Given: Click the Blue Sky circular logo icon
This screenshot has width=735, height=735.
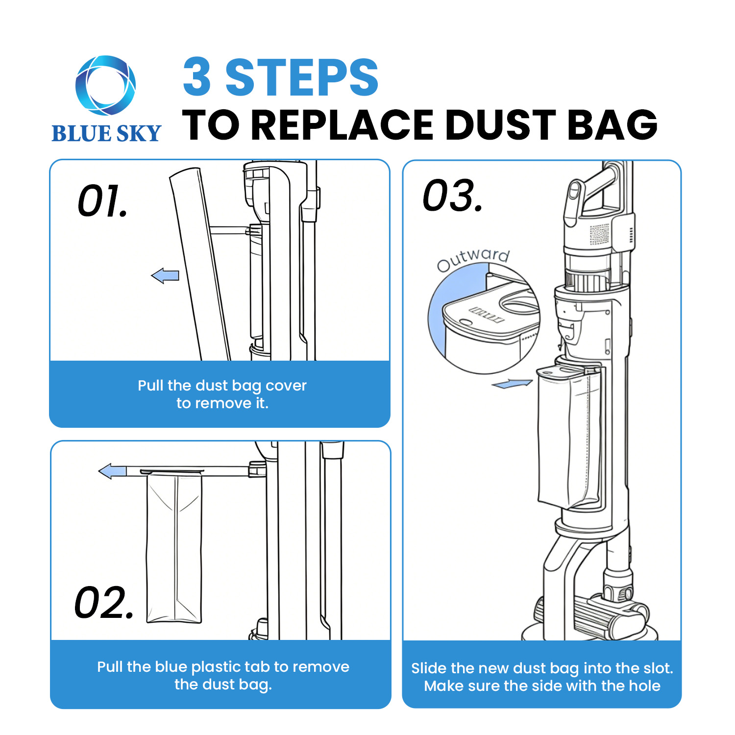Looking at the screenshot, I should click(105, 86).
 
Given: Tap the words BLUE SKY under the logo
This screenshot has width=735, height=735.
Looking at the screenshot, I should click(106, 133).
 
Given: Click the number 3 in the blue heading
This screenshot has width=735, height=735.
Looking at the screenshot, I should click(197, 77).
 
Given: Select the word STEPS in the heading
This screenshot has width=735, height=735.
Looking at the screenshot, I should click(301, 77).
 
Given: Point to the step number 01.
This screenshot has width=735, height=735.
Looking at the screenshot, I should click(103, 201).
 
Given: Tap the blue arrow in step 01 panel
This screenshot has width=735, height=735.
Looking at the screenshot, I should click(165, 276).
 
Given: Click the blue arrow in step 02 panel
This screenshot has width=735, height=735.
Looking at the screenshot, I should click(113, 472).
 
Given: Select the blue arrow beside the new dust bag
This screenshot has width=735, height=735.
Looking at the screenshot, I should click(512, 384).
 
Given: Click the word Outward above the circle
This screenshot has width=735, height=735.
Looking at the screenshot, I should click(473, 259).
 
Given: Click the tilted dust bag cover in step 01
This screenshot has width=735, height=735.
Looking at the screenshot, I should click(198, 265).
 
